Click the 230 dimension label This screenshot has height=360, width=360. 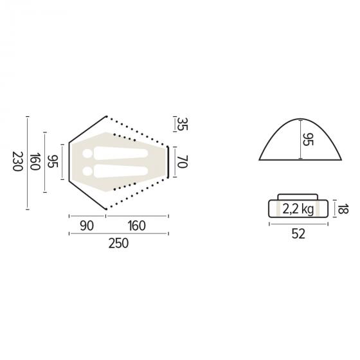[x=18, y=161]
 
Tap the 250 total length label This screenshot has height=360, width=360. [x=118, y=244]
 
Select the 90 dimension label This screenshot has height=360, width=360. [x=87, y=226]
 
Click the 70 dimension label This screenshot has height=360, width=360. [x=183, y=161]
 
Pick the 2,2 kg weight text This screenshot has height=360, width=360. [x=298, y=209]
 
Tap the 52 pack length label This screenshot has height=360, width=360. [x=298, y=234]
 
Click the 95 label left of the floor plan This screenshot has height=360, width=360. [x=53, y=161]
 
